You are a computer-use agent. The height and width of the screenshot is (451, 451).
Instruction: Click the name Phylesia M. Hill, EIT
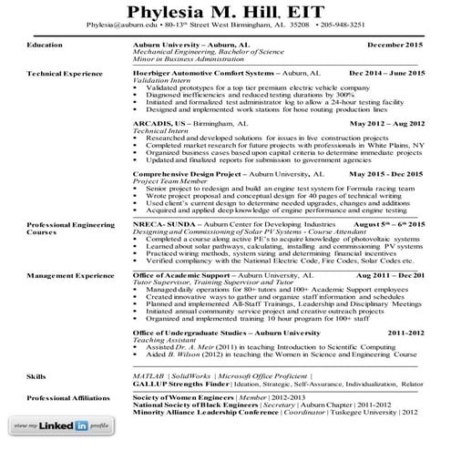tap(225, 12)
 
